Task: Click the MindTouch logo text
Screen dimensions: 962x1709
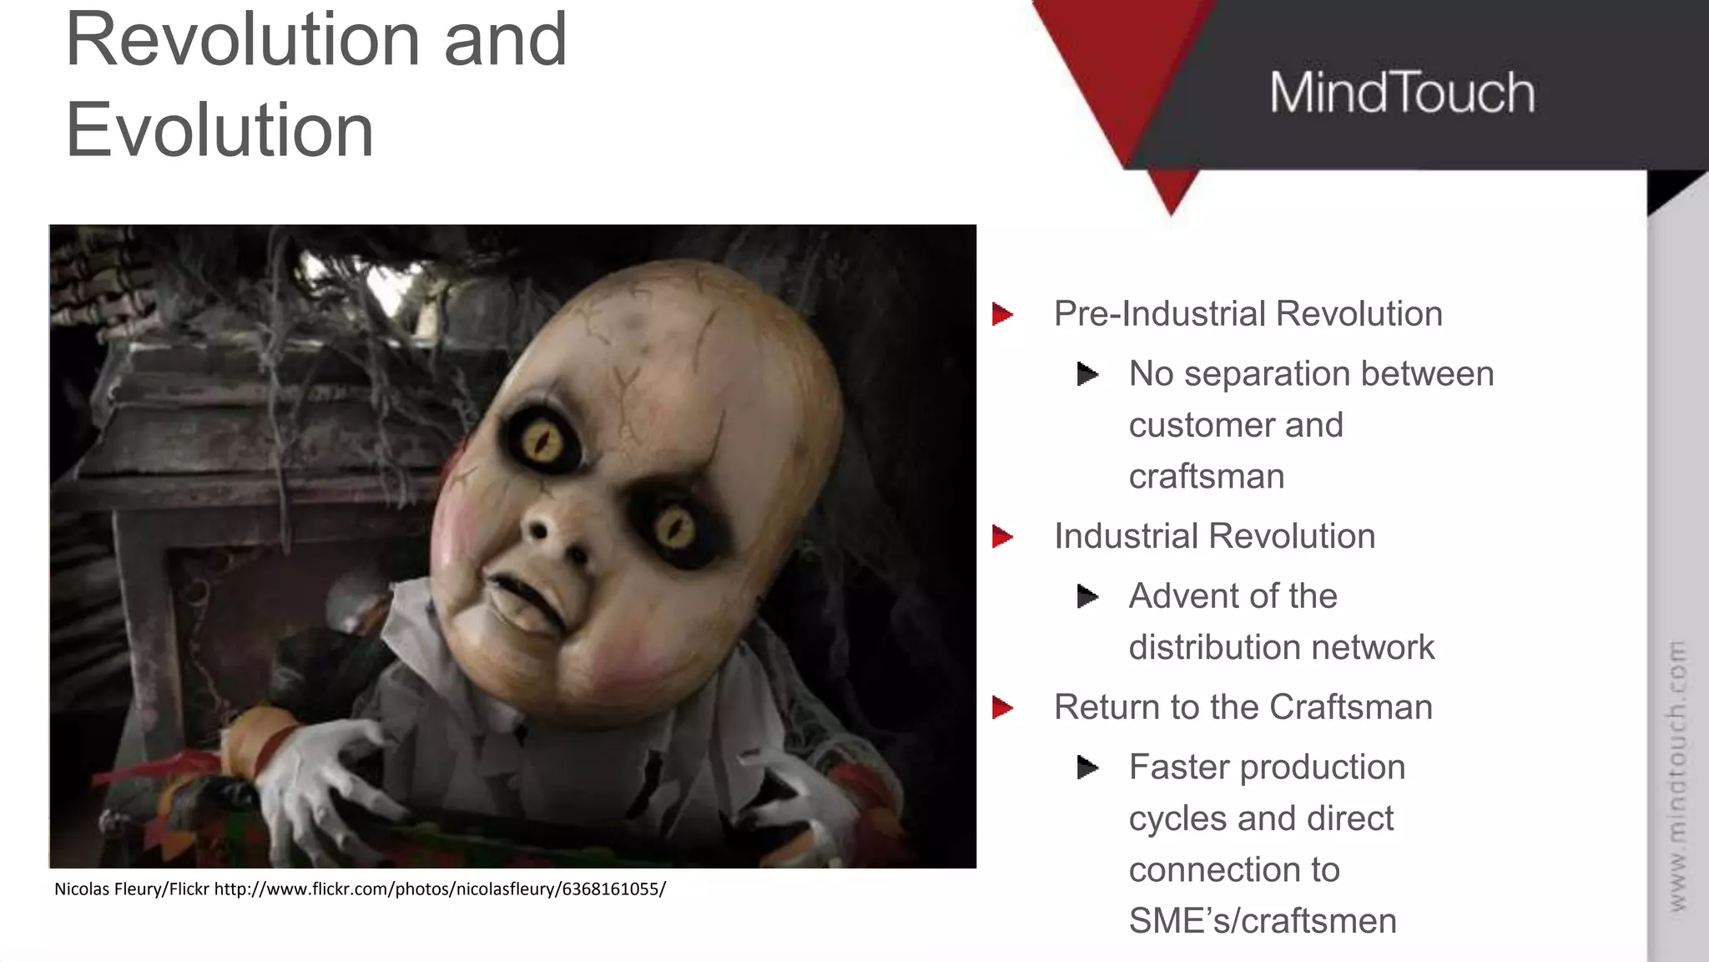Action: [x=1402, y=93]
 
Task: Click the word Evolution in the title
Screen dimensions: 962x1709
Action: [x=219, y=130]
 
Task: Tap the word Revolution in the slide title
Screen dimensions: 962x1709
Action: [x=243, y=39]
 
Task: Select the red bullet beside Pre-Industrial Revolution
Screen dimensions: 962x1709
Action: [x=1002, y=315]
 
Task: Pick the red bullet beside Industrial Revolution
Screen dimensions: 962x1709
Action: [x=1002, y=536]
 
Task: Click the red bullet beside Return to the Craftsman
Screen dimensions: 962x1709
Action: [x=1002, y=708]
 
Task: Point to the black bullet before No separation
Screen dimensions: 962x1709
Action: [x=1087, y=374]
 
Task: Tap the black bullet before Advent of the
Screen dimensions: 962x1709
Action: [x=1087, y=596]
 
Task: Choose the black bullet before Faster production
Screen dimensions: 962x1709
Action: [x=1087, y=767]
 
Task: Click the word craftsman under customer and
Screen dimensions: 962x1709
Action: [x=1206, y=477]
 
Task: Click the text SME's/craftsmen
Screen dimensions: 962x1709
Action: [x=1263, y=921]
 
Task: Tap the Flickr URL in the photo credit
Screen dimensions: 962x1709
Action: [x=440, y=889]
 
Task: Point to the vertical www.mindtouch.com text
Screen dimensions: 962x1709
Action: [x=1676, y=775]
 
